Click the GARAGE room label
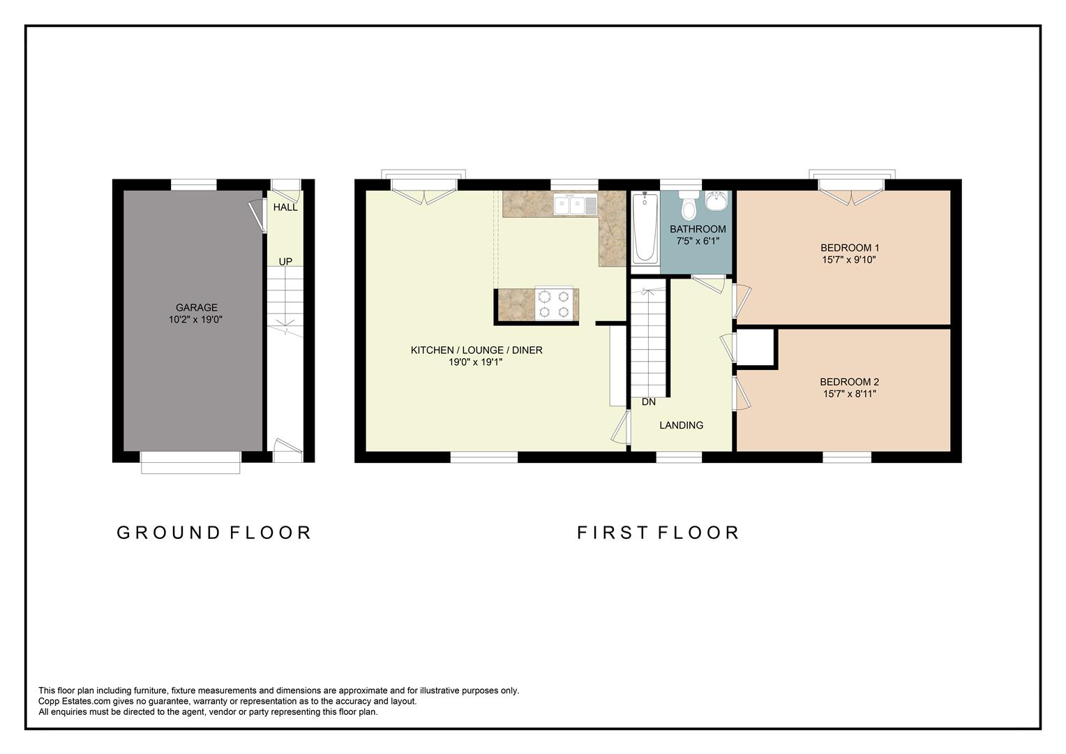[x=196, y=307]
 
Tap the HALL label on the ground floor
[x=285, y=207]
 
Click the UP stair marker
[x=285, y=262]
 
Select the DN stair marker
[x=649, y=402]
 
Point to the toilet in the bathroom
[x=689, y=205]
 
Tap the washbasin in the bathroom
[x=716, y=201]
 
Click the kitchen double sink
[x=571, y=205]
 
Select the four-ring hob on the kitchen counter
[x=554, y=304]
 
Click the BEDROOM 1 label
[x=849, y=248]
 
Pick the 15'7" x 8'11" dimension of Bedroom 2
[x=848, y=394]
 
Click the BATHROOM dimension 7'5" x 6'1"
[x=698, y=241]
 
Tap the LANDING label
[x=681, y=425]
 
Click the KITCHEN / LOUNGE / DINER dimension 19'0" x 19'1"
[x=476, y=362]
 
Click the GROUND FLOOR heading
[x=213, y=533]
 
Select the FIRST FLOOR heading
[x=658, y=533]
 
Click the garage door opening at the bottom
[x=190, y=461]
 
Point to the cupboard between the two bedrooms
[x=756, y=347]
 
